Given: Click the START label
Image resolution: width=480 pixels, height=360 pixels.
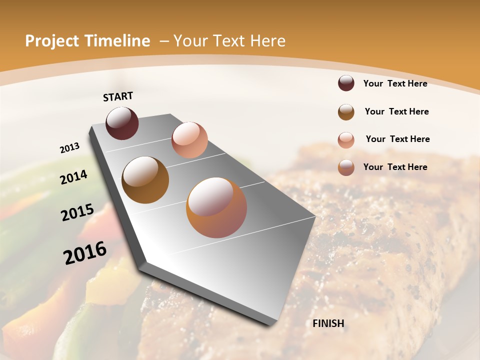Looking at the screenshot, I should click(x=118, y=96).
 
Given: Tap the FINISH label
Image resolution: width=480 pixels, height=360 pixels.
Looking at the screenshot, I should click(x=328, y=323).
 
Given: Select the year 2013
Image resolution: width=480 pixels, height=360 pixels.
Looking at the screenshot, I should click(x=70, y=147).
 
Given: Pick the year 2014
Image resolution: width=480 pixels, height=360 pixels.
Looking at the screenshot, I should click(x=73, y=177).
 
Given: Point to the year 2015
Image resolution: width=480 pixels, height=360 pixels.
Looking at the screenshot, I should click(x=77, y=212).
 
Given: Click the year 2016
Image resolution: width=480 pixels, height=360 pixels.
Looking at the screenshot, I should click(x=85, y=252).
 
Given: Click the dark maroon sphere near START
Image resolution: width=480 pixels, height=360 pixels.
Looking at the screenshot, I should click(x=122, y=123).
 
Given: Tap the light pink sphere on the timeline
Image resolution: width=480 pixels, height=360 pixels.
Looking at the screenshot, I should click(x=189, y=139).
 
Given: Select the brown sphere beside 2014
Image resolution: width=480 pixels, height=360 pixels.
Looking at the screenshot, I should click(x=145, y=179).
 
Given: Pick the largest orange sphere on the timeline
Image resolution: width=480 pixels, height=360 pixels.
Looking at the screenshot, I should click(x=216, y=207).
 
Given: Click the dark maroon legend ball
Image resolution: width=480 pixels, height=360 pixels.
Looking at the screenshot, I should click(x=346, y=83).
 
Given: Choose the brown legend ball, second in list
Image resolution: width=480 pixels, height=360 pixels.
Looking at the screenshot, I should click(x=346, y=112).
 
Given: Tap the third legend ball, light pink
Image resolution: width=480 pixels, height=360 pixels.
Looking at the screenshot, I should click(x=346, y=140).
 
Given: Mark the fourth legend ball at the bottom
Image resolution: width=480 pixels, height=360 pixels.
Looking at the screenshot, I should click(x=346, y=167).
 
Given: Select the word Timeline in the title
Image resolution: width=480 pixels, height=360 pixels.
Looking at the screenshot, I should click(x=117, y=41).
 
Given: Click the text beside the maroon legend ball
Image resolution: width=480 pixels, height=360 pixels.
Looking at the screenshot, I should click(x=395, y=83).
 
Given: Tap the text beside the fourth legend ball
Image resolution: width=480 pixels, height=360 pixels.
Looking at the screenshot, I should click(x=395, y=167).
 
